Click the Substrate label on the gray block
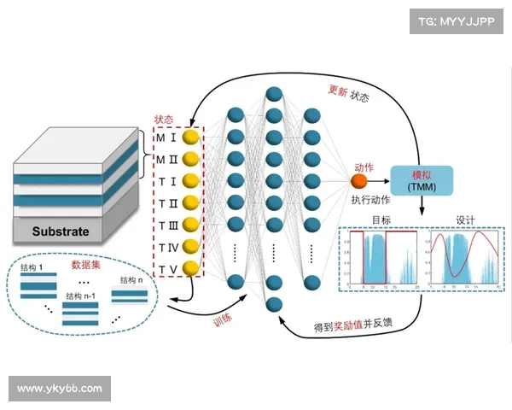click(x=61, y=231)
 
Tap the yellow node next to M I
click(x=192, y=136)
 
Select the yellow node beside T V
click(x=192, y=270)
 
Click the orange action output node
click(x=360, y=180)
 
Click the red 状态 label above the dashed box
click(x=164, y=120)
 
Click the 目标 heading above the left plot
click(x=381, y=219)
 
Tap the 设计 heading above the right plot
click(x=465, y=219)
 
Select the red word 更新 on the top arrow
click(x=338, y=90)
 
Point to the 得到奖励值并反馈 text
click(x=354, y=325)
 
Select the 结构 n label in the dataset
click(x=129, y=280)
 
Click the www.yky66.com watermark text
click(x=60, y=389)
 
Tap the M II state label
click(x=166, y=159)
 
